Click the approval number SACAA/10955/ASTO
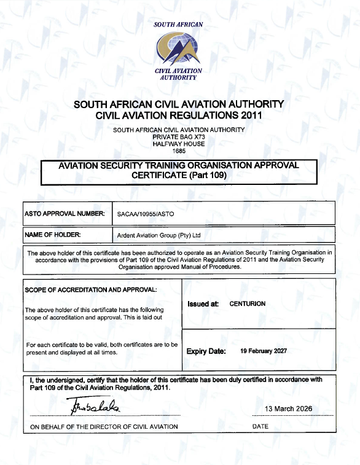[x=146, y=214]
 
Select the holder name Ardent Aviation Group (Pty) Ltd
[x=159, y=235]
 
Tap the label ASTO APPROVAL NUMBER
[x=65, y=214]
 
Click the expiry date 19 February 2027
[x=264, y=351]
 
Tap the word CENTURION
[x=248, y=303]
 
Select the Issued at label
[x=203, y=303]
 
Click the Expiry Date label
[x=206, y=351]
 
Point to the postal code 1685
[x=179, y=150]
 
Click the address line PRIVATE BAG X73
[x=179, y=136]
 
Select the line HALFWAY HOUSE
[x=179, y=143]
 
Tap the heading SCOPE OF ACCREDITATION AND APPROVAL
[x=91, y=289]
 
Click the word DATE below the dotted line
[x=260, y=426]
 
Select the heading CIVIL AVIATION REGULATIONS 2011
[x=179, y=115]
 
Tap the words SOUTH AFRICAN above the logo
[x=178, y=25]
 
